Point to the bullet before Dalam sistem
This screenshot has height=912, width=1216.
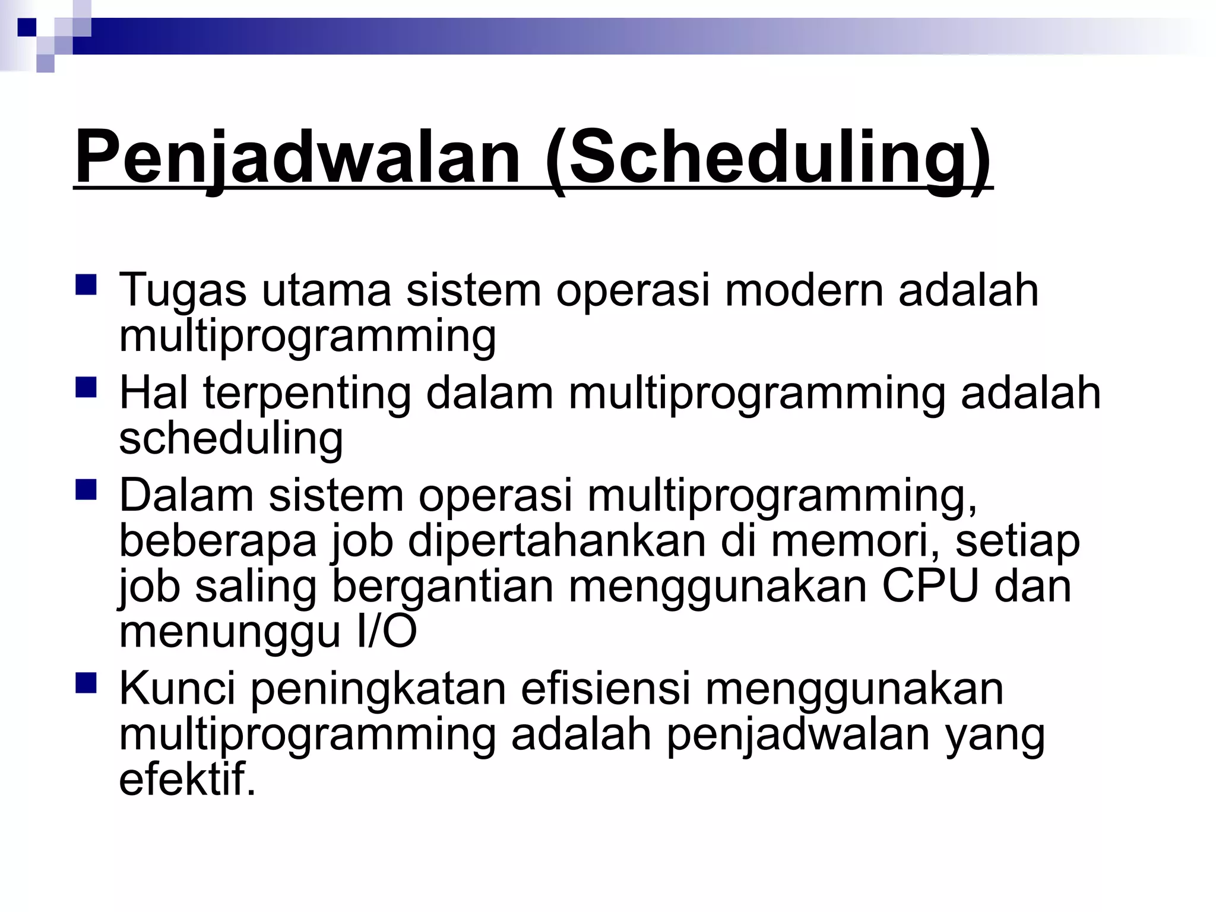click(x=86, y=490)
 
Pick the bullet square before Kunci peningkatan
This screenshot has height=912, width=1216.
click(x=86, y=683)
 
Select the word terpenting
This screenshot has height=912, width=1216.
click(x=307, y=394)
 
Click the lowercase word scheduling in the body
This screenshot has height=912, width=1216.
click(x=231, y=439)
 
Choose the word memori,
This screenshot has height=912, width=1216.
click(x=855, y=541)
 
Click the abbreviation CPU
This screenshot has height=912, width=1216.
click(x=930, y=586)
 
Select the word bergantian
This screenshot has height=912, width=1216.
click(x=442, y=587)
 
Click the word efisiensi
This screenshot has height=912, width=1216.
click(x=606, y=689)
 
